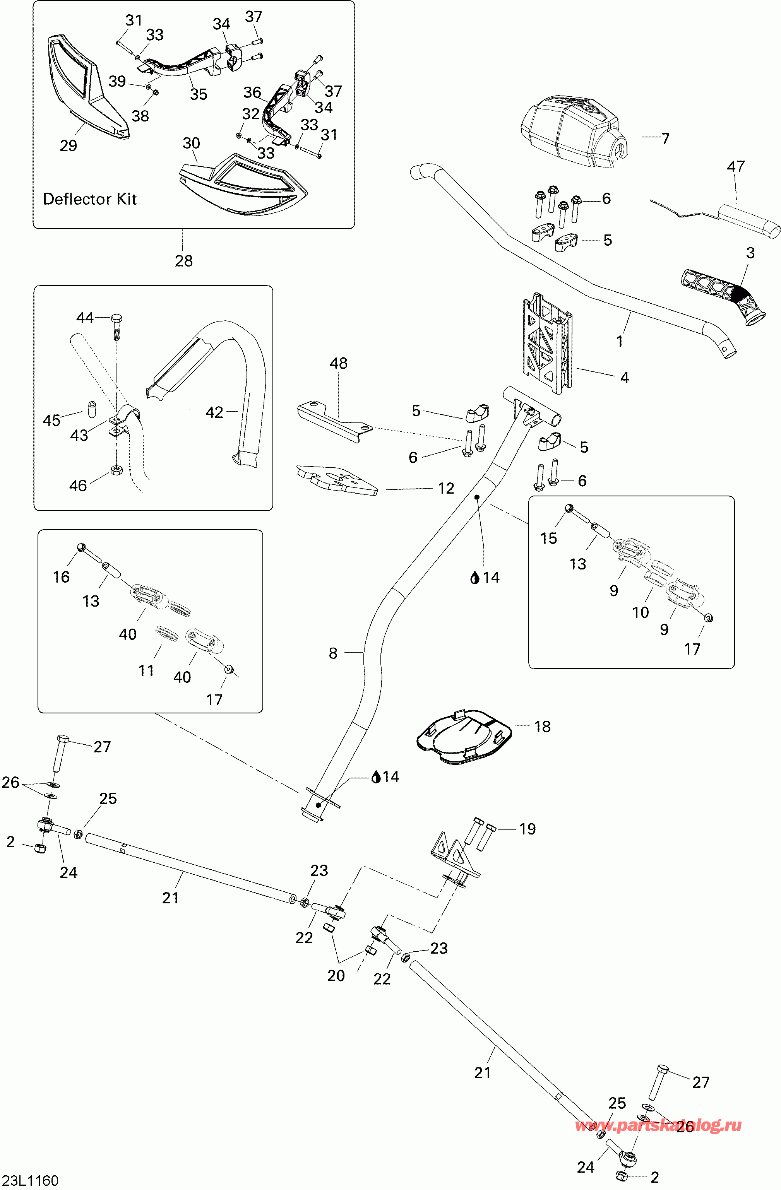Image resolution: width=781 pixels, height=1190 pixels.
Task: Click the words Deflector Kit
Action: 90,199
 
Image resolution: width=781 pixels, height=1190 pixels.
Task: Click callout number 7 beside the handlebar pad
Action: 665,138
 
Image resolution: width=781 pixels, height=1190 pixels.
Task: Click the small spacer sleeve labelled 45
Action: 92,409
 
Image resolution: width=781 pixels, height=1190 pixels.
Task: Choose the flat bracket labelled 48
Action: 335,421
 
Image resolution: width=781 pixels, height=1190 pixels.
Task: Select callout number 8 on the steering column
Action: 333,653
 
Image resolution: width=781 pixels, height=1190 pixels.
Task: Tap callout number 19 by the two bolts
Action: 528,829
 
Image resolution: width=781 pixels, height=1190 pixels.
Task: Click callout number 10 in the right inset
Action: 641,612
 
